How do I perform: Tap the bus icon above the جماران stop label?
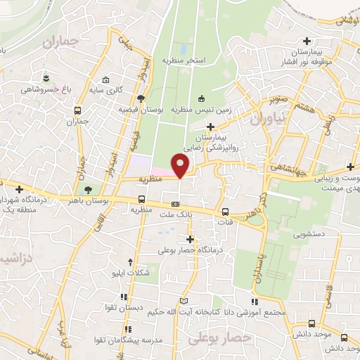pos(77,110)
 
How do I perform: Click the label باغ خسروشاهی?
pos(43,89)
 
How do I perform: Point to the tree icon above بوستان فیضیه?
pos(141,98)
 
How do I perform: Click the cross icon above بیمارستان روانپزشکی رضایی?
pos(210,126)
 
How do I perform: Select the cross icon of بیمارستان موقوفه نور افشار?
pos(306,41)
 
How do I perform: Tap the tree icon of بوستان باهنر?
pos(88,190)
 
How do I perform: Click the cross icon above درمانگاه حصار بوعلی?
pos(190,239)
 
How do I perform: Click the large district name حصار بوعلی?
pos(213,340)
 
